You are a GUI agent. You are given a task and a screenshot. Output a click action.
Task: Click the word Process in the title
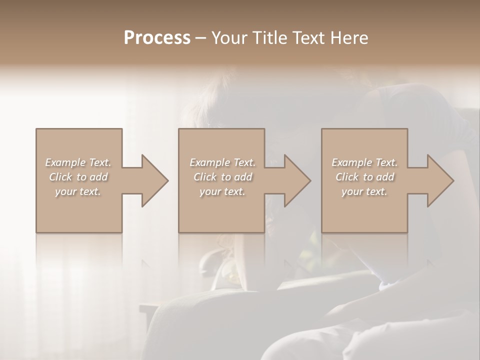157,38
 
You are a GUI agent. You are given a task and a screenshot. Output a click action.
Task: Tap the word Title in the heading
271,38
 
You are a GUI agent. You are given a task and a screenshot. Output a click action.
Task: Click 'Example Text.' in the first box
78,162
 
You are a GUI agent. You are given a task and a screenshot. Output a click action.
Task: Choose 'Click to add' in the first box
78,177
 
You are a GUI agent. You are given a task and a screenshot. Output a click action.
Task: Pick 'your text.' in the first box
78,191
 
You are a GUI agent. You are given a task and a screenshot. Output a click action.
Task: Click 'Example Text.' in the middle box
222,162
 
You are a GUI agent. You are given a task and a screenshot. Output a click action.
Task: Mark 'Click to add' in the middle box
222,177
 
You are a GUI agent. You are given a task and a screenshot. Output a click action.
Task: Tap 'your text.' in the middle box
222,191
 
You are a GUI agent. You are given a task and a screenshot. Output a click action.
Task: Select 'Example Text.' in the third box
364,162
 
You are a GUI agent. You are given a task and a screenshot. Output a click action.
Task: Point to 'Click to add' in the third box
364,177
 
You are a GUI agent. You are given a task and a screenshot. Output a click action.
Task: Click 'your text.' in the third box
364,191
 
